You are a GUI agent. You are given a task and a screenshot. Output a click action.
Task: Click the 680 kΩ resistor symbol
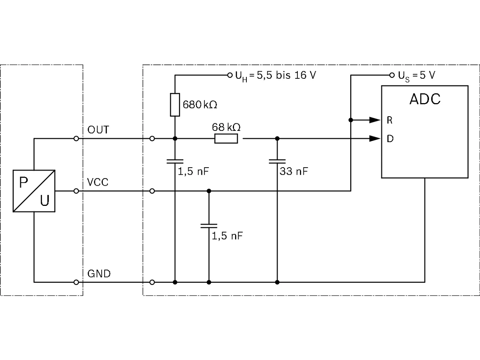(175, 105)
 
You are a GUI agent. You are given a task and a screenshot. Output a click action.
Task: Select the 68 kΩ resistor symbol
(226, 139)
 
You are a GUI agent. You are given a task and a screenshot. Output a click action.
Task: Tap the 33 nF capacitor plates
(277, 162)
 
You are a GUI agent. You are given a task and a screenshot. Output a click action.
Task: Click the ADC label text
(424, 99)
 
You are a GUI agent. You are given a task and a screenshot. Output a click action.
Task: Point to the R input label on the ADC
(390, 120)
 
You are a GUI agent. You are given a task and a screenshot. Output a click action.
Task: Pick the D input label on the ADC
(390, 139)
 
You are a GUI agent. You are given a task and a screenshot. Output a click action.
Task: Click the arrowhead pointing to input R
(375, 120)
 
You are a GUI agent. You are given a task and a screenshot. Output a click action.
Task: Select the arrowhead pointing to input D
(375, 139)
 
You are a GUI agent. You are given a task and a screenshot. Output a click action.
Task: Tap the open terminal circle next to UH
(229, 75)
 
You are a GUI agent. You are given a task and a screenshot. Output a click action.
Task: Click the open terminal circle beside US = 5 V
(392, 75)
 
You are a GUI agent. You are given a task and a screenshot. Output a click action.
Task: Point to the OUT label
(98, 130)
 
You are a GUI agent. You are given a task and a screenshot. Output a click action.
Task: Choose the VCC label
(97, 182)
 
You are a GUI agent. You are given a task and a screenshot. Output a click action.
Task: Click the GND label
(99, 274)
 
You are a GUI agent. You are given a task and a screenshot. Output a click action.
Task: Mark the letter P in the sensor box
(24, 182)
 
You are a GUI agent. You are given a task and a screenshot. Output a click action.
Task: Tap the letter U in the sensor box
(45, 200)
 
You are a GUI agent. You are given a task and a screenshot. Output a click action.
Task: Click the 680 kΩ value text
(200, 105)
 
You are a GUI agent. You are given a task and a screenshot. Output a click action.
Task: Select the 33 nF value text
(294, 171)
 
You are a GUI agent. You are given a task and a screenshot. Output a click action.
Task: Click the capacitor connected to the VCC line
(209, 226)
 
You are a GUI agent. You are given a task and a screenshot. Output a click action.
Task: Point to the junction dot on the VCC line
(209, 191)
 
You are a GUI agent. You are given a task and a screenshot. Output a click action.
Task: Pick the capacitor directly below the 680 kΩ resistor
(175, 162)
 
